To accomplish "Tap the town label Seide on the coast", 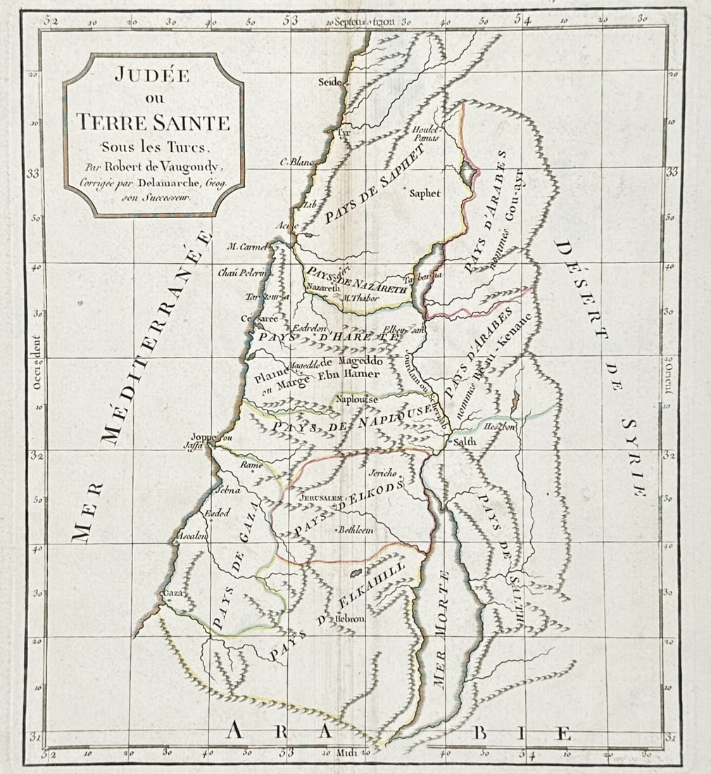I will pyautogui.click(x=329, y=82).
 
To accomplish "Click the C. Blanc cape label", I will pyautogui.click(x=296, y=162).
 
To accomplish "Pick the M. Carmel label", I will pyautogui.click(x=248, y=246).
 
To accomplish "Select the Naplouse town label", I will pyautogui.click(x=357, y=400).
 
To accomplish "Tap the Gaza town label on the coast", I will pyautogui.click(x=172, y=593).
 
